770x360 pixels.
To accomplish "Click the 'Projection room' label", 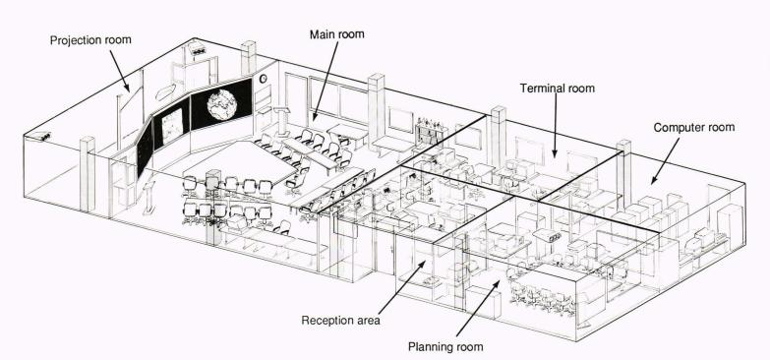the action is coord(90,39).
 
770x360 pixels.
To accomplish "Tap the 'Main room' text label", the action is coord(337,34).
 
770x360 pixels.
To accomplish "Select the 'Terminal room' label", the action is coord(558,89).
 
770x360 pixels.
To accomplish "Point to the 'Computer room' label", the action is coord(694,128).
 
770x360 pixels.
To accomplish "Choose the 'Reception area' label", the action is coord(341,321).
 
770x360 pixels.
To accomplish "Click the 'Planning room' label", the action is coord(445,347).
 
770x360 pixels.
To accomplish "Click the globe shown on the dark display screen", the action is coord(222,104).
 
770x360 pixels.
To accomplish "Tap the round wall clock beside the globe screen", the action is coord(263,78).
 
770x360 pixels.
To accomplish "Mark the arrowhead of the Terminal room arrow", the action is coord(555,153).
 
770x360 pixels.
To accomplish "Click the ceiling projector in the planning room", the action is coord(547,235).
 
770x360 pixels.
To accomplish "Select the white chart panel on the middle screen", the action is coord(172,127).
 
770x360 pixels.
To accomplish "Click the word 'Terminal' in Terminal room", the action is coord(542,89).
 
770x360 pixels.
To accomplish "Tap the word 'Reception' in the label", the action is coord(325,321).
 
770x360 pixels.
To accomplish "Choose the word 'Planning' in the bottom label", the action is coord(430,347).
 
